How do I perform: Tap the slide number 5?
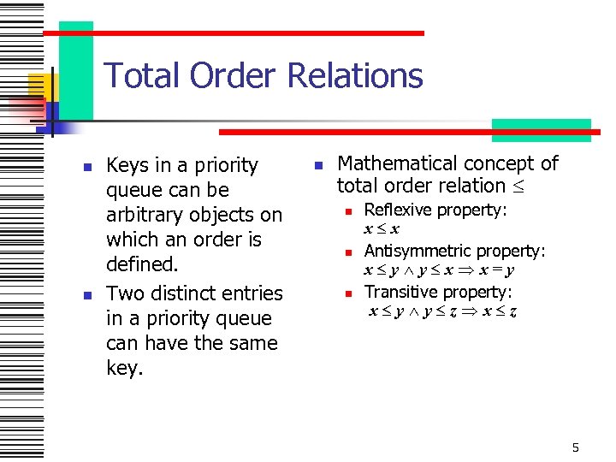pyautogui.click(x=576, y=447)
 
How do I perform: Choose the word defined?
pyautogui.click(x=141, y=264)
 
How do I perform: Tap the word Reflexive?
pyautogui.click(x=397, y=210)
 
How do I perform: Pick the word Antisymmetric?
pyautogui.click(x=418, y=251)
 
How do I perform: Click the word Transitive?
pyautogui.click(x=400, y=292)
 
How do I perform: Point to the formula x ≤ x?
pyautogui.click(x=382, y=229)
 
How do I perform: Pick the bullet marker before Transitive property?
pyautogui.click(x=349, y=293)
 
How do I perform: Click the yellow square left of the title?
pyautogui.click(x=40, y=86)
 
